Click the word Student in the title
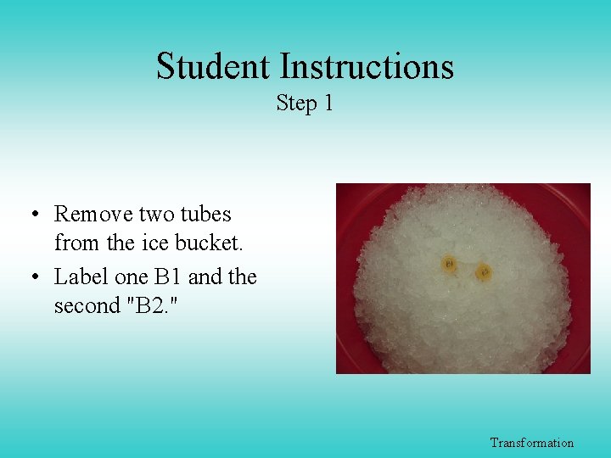tap(213, 66)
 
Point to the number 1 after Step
tap(328, 103)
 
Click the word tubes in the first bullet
tap(205, 214)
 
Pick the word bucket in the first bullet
tap(209, 243)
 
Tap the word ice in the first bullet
tap(154, 243)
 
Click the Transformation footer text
tap(531, 443)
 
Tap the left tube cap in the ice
tap(450, 265)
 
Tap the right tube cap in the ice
tap(484, 272)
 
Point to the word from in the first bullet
tap(77, 243)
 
